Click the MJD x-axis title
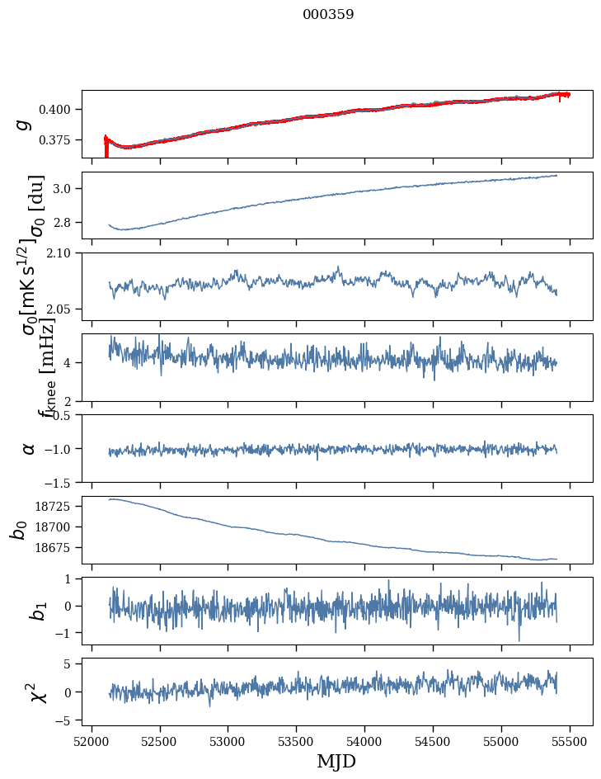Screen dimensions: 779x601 pyautogui.click(x=336, y=762)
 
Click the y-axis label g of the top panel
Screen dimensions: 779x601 pyautogui.click(x=25, y=124)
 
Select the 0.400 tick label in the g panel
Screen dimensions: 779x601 pyautogui.click(x=59, y=110)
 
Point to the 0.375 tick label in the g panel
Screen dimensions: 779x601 pyautogui.click(x=59, y=140)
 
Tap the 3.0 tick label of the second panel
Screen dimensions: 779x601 pyautogui.click(x=65, y=189)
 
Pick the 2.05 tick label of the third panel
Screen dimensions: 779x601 pyautogui.click(x=62, y=309)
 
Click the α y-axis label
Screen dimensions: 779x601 pyautogui.click(x=29, y=448)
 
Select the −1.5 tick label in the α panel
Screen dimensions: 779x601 pyautogui.click(x=59, y=481)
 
